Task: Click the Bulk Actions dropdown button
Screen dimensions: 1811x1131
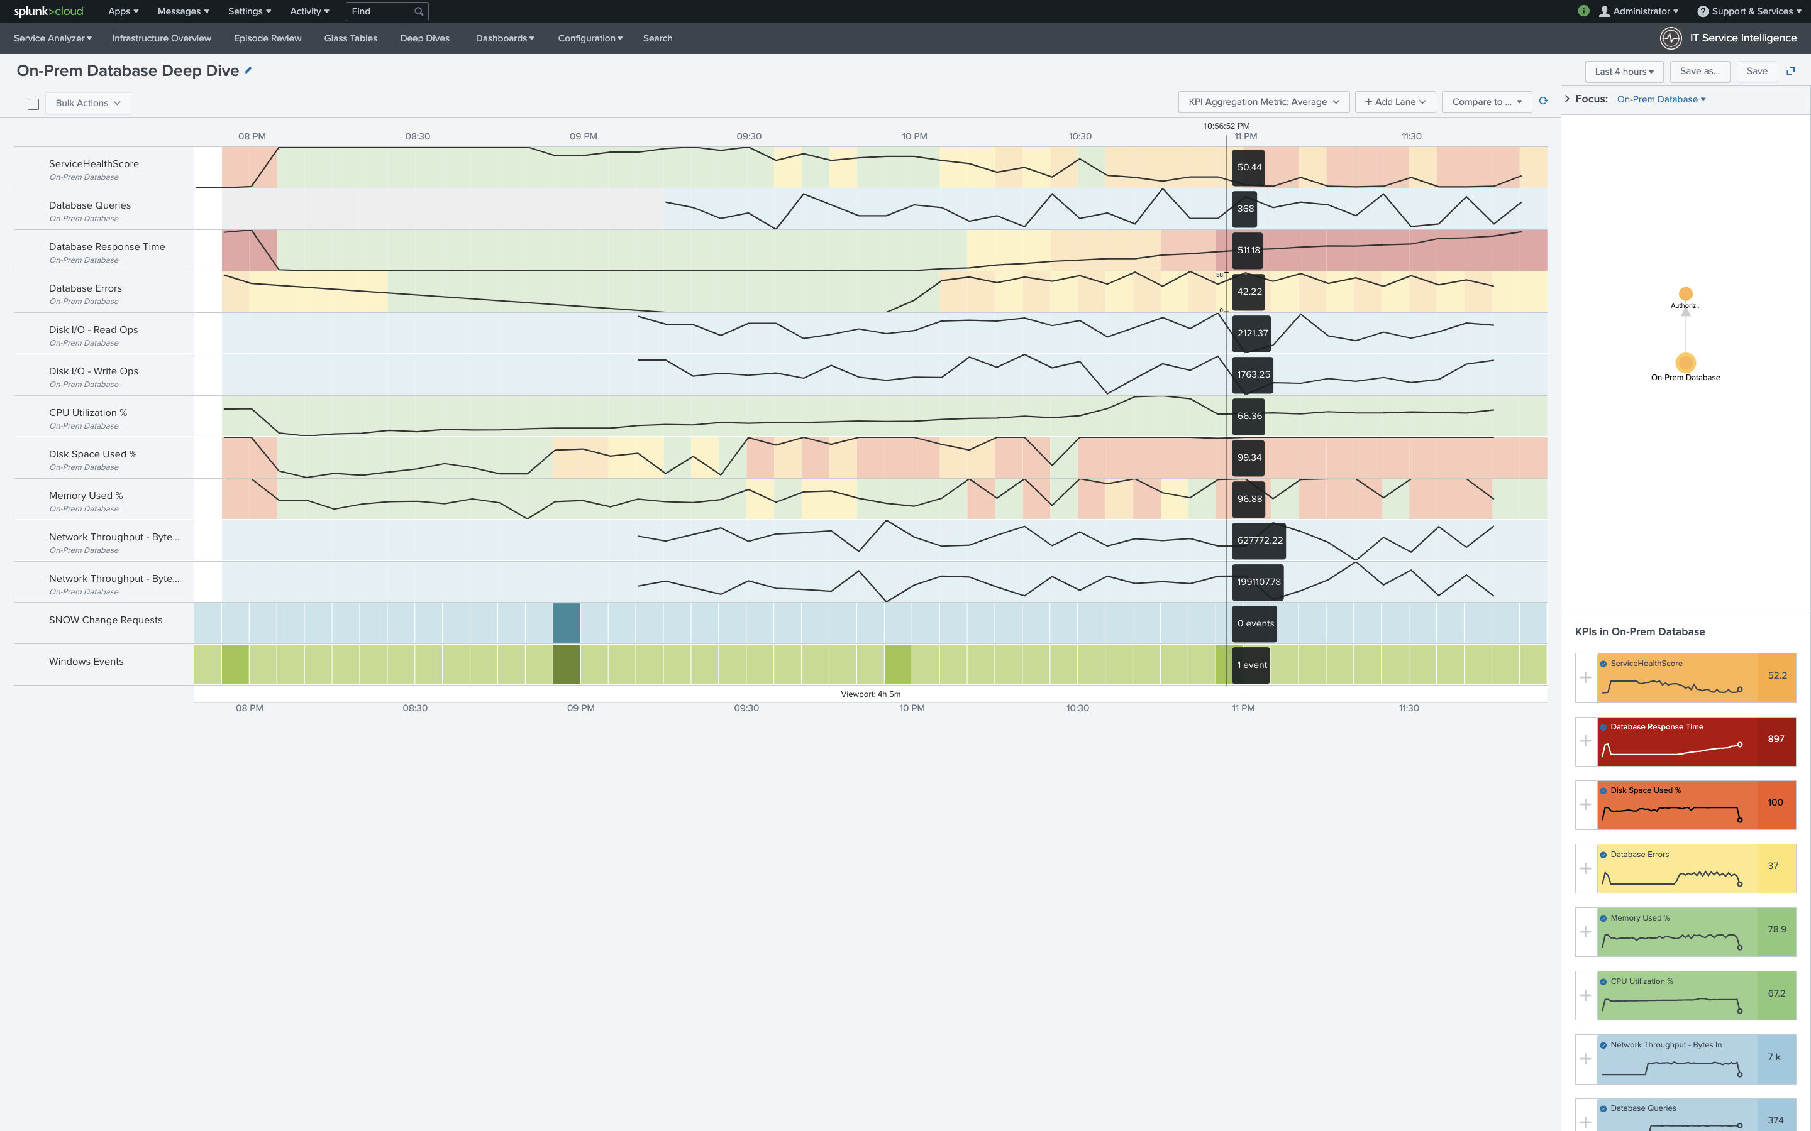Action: point(87,103)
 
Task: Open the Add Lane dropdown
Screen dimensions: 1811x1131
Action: point(1395,102)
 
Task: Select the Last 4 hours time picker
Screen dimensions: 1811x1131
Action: point(1624,72)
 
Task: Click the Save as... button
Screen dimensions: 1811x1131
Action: point(1700,72)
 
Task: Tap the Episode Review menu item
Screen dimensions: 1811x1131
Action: point(267,38)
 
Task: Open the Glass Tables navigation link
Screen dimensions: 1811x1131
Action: point(350,38)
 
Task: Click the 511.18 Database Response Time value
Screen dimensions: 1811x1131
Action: point(1248,251)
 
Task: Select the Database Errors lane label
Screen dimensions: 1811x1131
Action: point(86,288)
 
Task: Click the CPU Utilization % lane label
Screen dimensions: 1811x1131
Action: point(87,413)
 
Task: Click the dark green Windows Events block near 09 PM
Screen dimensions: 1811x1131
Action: point(567,664)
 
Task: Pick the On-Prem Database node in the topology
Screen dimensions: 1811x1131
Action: point(1685,363)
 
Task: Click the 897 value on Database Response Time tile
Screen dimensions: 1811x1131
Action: point(1776,739)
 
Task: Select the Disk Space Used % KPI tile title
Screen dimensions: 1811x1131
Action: point(1646,790)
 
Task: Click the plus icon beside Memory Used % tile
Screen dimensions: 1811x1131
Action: point(1585,932)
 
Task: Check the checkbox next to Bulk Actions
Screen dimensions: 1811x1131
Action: point(33,104)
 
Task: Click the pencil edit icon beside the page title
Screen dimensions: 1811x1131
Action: point(248,70)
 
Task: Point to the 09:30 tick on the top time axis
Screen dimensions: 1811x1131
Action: point(748,136)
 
